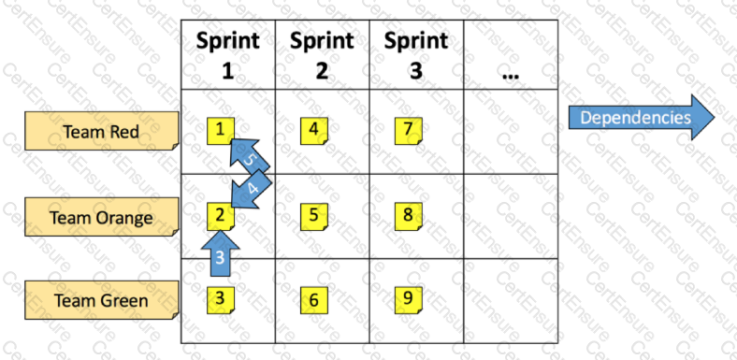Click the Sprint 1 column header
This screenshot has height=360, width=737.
tap(227, 55)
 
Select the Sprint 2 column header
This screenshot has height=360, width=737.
tap(322, 55)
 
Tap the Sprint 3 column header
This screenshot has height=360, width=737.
tap(415, 55)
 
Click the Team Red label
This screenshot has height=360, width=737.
tap(101, 132)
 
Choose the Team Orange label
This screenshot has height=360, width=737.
tap(101, 218)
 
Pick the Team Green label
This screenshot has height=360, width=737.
tap(101, 300)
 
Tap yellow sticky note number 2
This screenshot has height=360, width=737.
tap(219, 215)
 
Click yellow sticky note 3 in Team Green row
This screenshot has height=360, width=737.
tap(219, 298)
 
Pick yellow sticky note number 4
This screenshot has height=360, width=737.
tap(313, 129)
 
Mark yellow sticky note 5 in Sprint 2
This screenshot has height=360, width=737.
tap(313, 215)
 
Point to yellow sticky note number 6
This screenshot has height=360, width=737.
tap(313, 299)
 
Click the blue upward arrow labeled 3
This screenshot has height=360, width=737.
tap(220, 252)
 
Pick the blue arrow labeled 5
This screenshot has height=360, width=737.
tap(247, 155)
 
